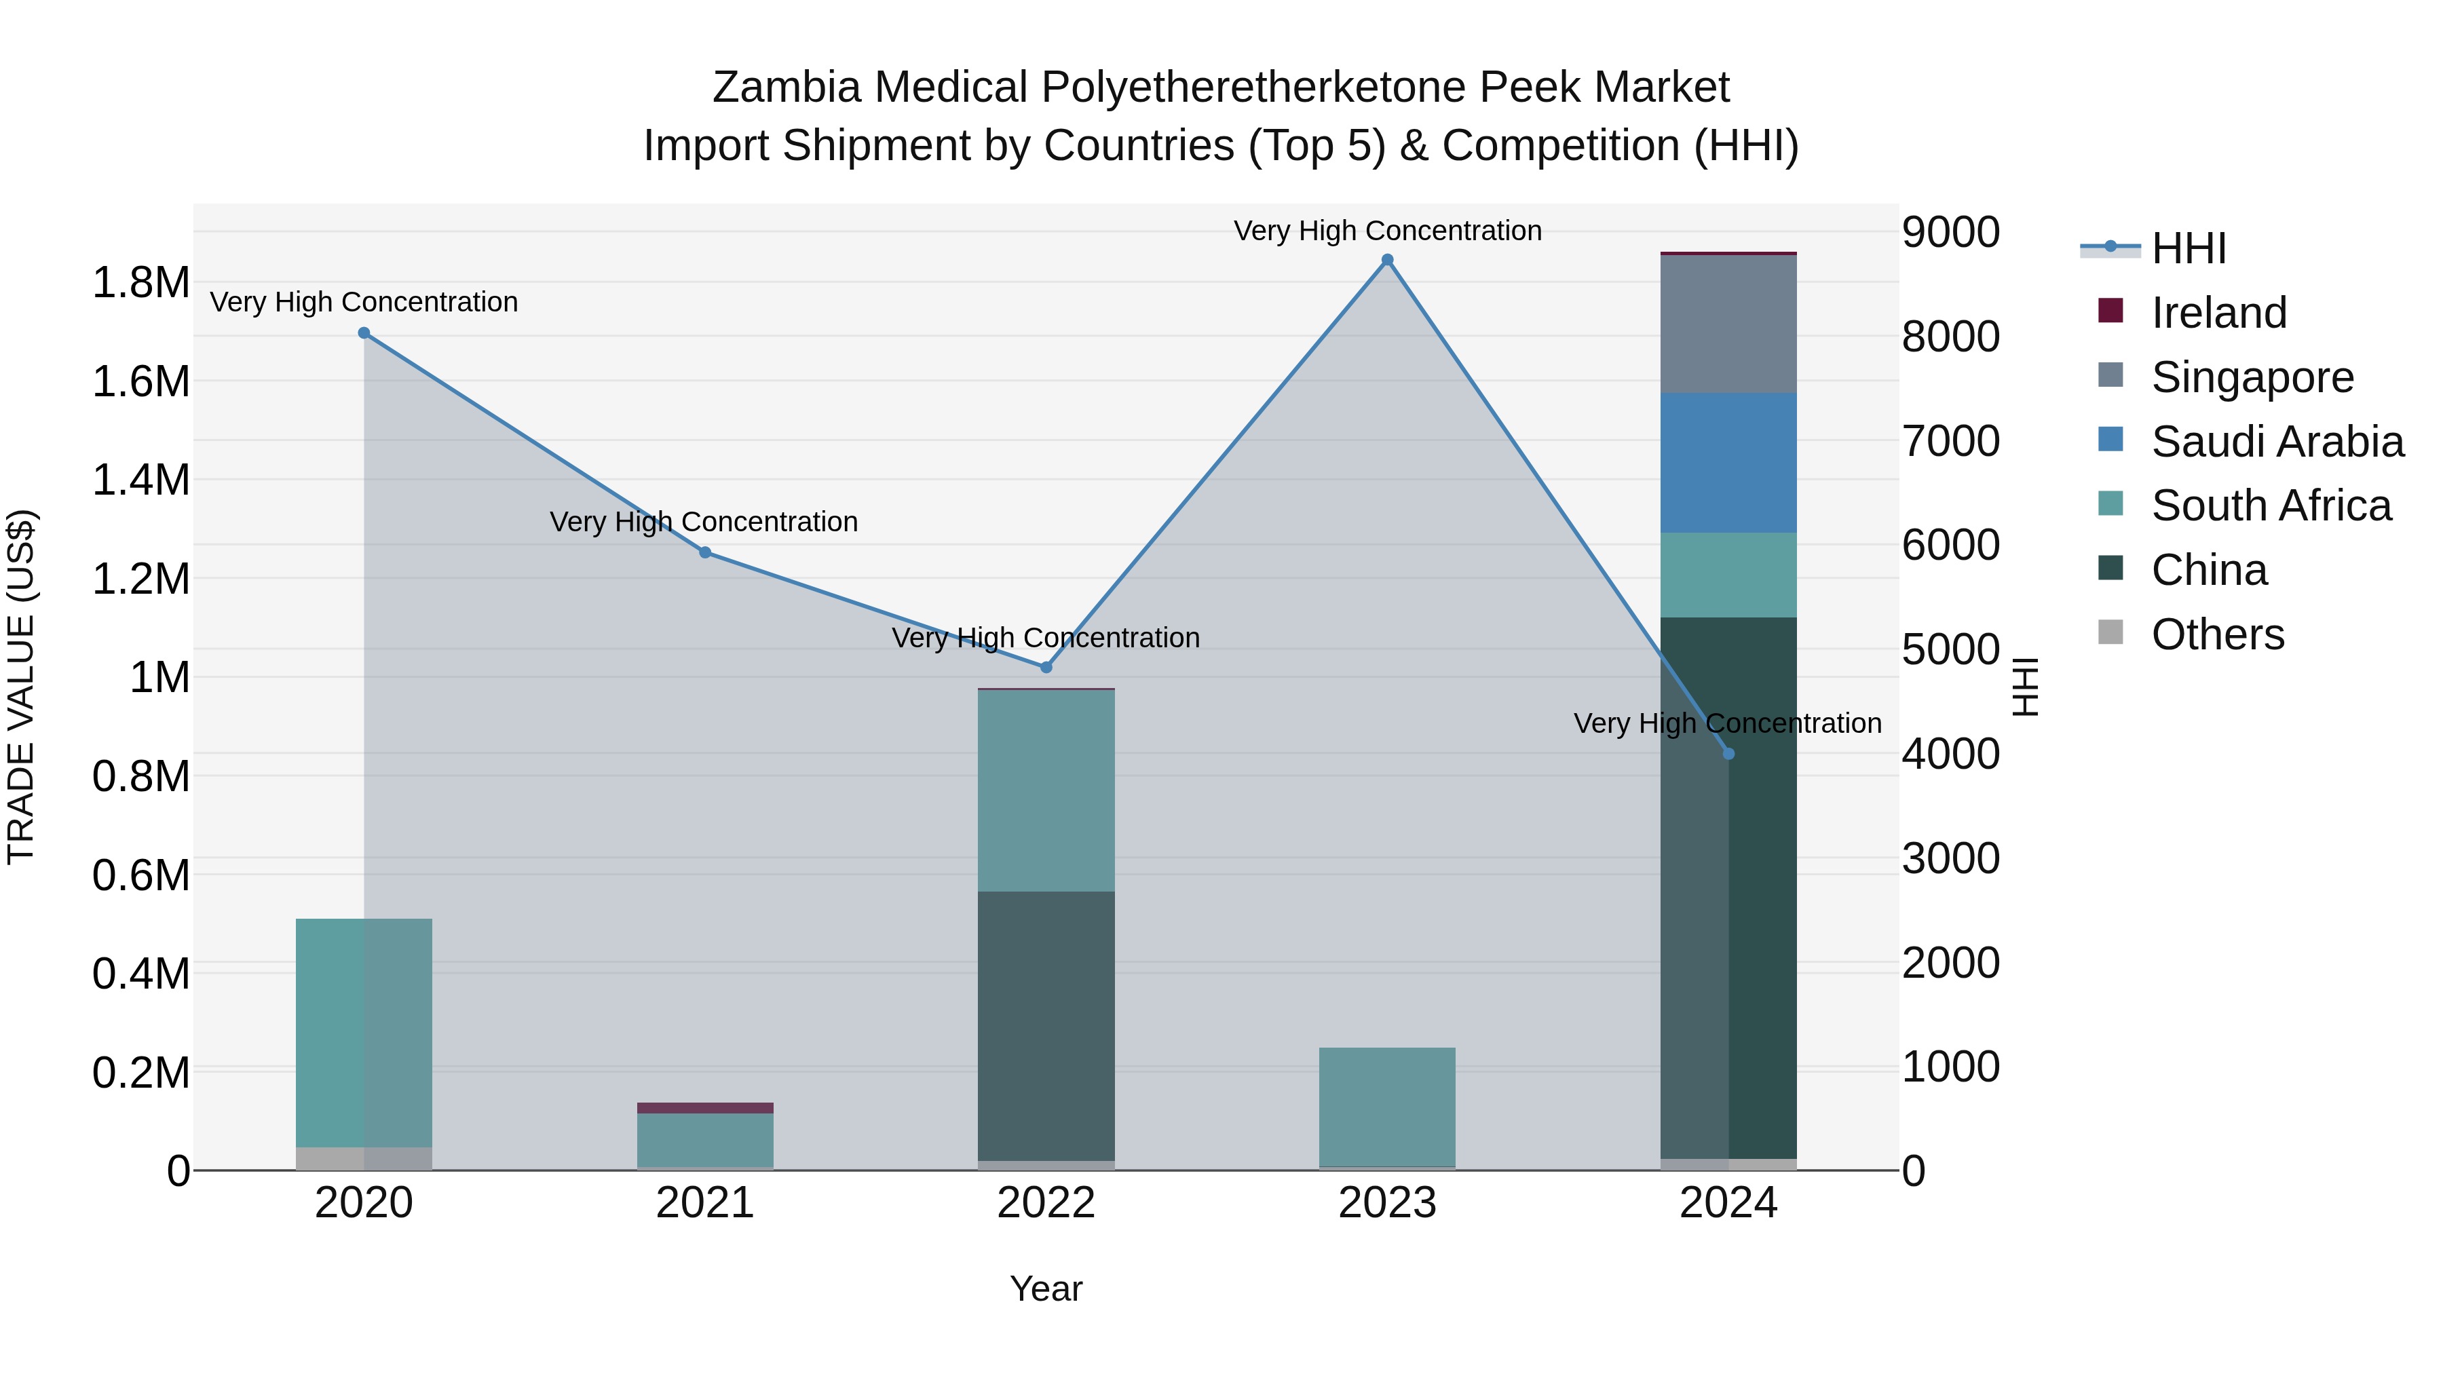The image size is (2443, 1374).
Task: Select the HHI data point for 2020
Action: (x=364, y=333)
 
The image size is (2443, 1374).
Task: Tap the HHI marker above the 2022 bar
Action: (x=1046, y=668)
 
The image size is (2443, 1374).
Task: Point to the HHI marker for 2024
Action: (x=1728, y=754)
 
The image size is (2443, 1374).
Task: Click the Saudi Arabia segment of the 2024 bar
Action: (x=1728, y=463)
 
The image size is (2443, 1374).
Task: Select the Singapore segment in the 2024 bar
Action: (x=1728, y=324)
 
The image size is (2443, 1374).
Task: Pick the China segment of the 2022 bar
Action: (x=1046, y=1025)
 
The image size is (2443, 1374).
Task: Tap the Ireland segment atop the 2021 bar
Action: (x=704, y=1107)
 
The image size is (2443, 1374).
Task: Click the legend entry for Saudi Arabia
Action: (x=2276, y=442)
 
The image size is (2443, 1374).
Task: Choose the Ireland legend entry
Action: (x=2218, y=313)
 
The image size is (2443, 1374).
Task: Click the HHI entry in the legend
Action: (x=2188, y=248)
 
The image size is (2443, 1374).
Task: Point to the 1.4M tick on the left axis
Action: (x=140, y=480)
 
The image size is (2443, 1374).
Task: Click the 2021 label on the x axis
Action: (x=704, y=1203)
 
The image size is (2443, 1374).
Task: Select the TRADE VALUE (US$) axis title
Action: (x=21, y=687)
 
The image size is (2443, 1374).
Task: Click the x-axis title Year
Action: (x=1045, y=1289)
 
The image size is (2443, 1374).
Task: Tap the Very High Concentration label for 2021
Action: (x=704, y=522)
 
